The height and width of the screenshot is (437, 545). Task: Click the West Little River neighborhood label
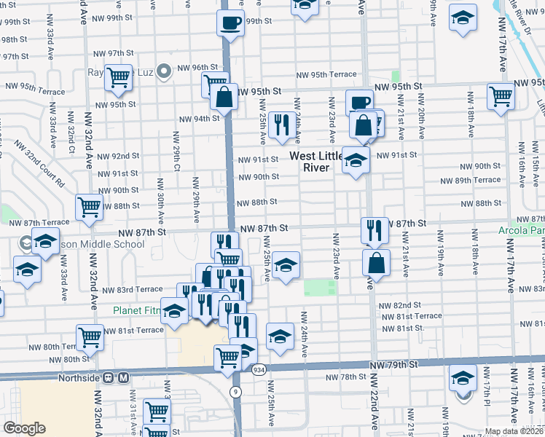[x=319, y=162]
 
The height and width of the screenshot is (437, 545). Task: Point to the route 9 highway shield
[x=235, y=393]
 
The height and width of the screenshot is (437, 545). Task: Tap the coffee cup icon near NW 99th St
[x=231, y=21]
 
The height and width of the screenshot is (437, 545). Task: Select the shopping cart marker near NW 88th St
[x=89, y=207]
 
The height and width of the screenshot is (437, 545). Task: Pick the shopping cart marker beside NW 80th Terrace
[x=90, y=337]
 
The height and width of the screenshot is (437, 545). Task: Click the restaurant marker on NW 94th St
[x=279, y=124]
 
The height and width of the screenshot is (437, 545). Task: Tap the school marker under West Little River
[x=356, y=160]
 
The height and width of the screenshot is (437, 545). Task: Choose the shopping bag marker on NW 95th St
[x=225, y=96]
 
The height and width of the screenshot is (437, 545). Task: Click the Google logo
[x=24, y=428]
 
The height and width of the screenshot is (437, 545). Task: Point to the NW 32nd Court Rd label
[x=43, y=168]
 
